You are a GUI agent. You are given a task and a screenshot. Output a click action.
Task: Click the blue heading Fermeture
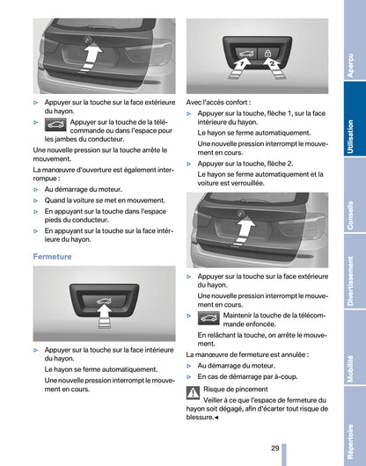(52, 256)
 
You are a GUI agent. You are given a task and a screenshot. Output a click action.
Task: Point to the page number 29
(274, 448)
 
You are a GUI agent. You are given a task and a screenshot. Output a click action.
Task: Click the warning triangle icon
(194, 391)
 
